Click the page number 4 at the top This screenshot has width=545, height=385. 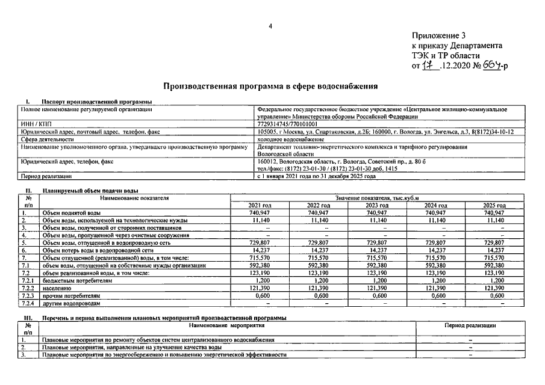(270, 25)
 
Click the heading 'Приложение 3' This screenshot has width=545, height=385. (438, 35)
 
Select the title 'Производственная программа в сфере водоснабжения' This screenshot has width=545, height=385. (270, 87)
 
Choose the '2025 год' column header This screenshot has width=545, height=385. (494, 206)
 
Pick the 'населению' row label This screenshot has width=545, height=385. (57, 288)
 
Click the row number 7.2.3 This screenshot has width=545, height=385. (28, 295)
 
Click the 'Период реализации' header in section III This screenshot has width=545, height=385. (470, 325)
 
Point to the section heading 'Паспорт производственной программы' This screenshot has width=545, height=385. (96, 102)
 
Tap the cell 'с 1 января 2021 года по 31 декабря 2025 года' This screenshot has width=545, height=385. (316, 177)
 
